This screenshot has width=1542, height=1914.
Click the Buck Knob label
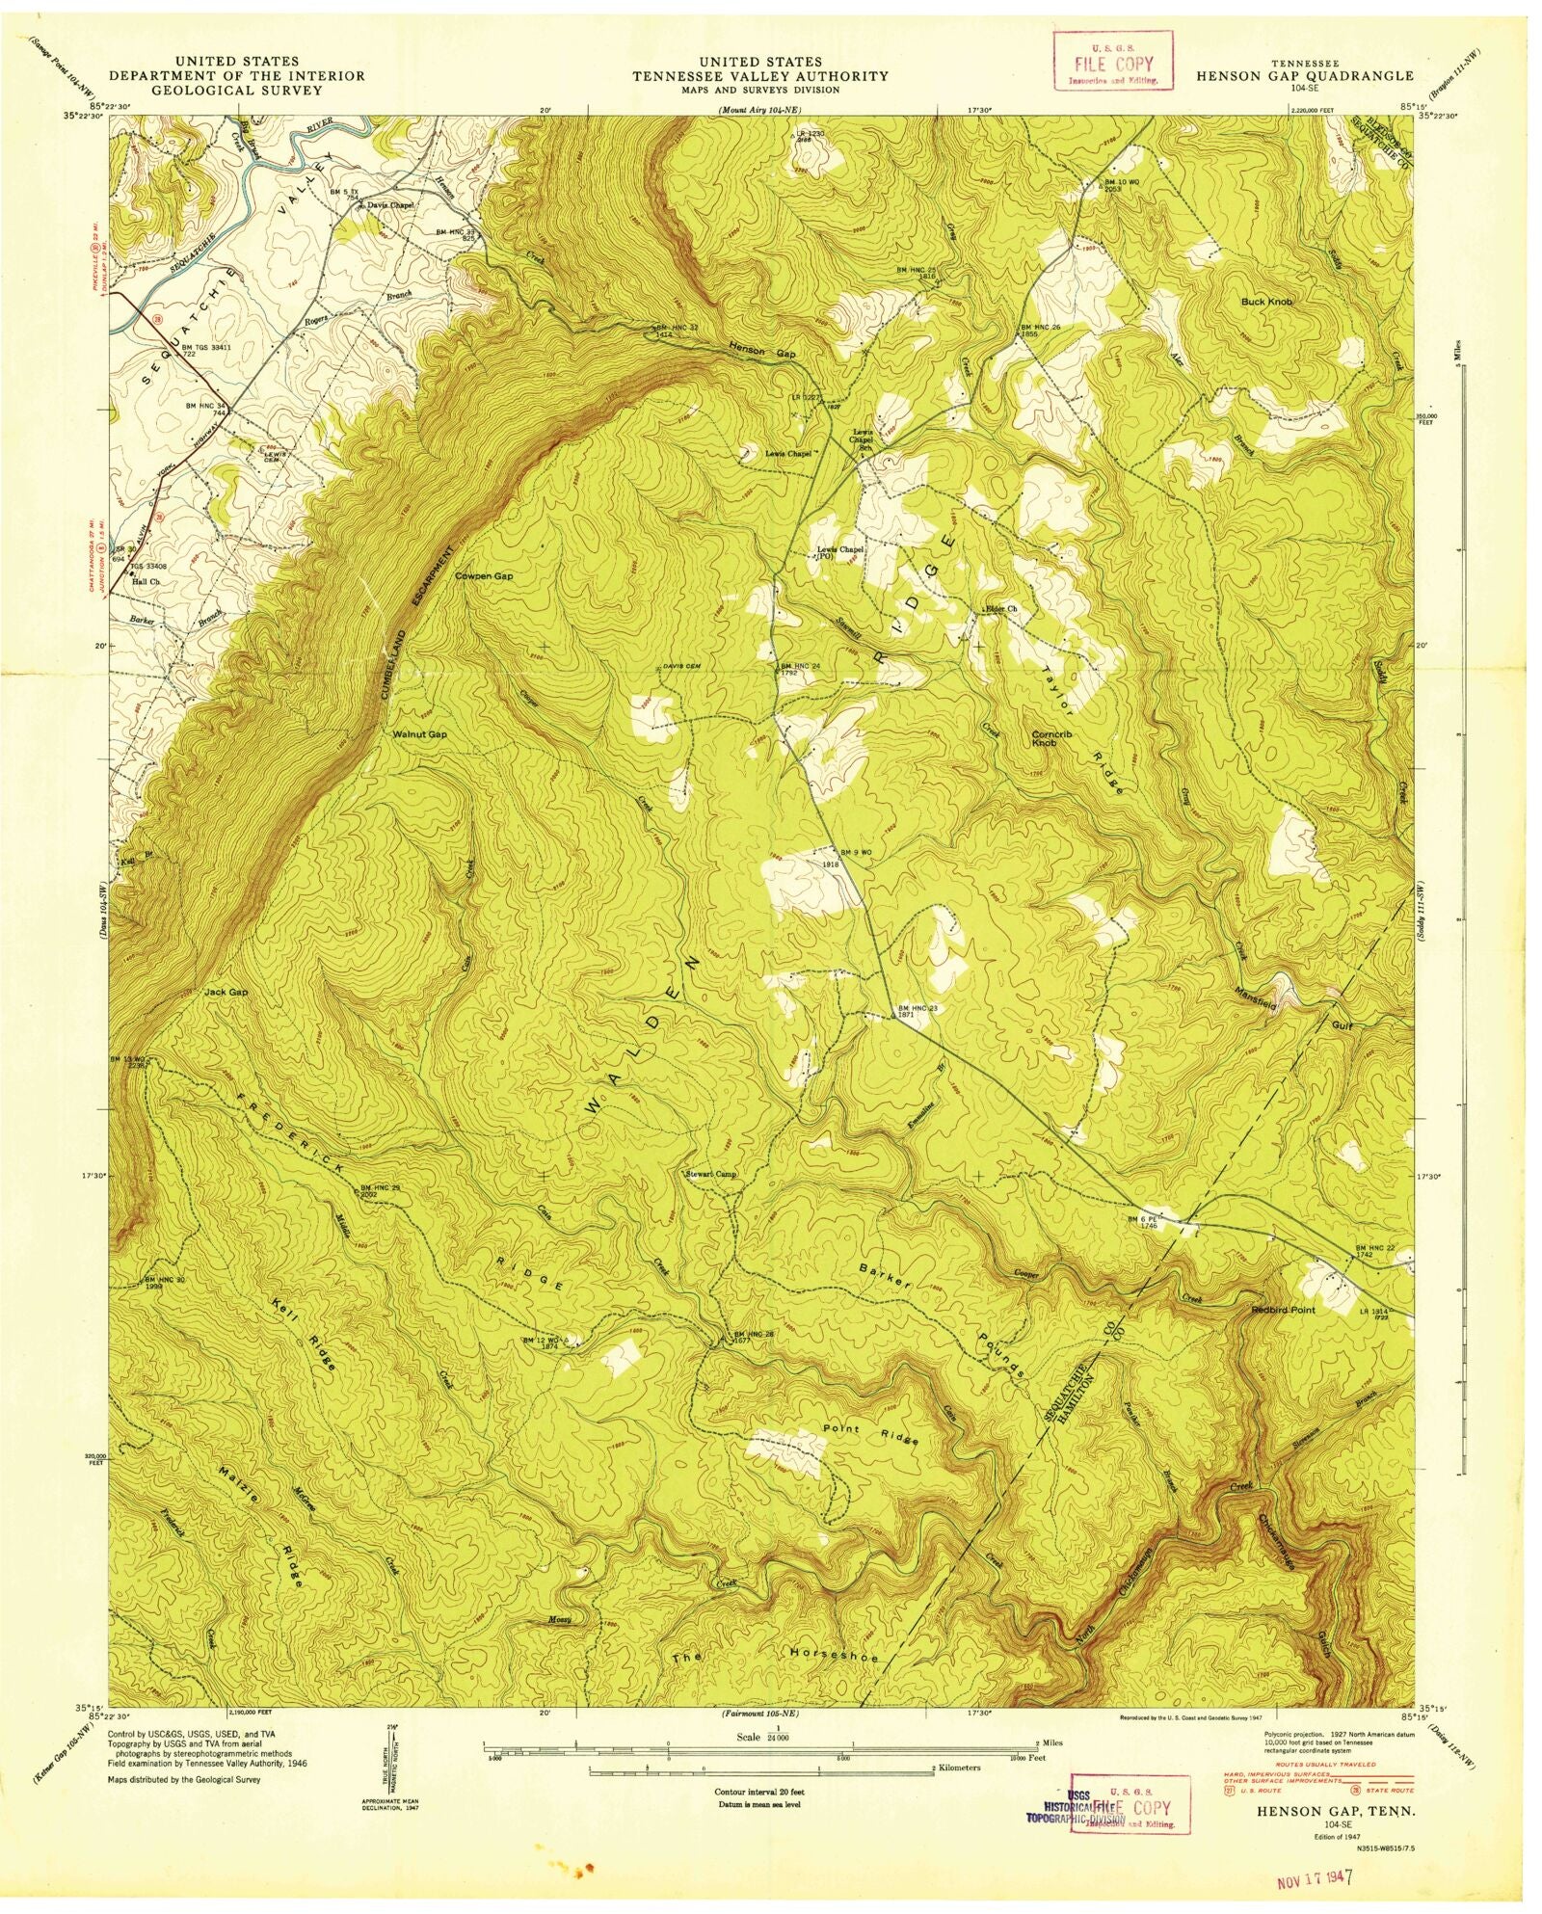coord(1266,302)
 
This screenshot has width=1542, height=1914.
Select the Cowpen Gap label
coord(484,575)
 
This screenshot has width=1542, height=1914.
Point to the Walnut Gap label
coord(419,734)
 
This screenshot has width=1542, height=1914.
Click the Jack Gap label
coord(226,992)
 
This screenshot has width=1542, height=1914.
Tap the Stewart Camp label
coord(710,1174)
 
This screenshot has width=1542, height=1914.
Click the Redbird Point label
coord(1282,1310)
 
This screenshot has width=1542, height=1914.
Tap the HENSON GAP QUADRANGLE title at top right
coord(1305,75)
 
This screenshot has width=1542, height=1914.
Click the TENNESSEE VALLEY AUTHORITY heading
coord(760,75)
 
